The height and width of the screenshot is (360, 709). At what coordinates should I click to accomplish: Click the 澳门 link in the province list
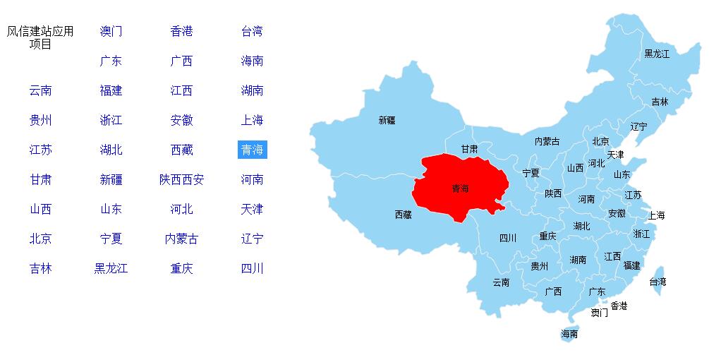pos(111,31)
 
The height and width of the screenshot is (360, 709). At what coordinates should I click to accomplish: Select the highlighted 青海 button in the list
pos(252,150)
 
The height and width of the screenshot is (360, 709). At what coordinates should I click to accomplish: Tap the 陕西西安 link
pos(181,179)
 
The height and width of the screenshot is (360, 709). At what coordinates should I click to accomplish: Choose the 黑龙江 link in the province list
pos(111,268)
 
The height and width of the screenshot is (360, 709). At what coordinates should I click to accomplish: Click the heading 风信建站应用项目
pos(40,37)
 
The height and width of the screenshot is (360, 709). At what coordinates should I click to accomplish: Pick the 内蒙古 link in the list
pos(181,239)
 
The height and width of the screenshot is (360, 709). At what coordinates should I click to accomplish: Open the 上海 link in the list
pos(252,120)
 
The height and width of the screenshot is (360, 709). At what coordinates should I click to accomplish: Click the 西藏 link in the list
pos(181,150)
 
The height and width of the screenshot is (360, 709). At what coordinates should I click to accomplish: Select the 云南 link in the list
pos(40,90)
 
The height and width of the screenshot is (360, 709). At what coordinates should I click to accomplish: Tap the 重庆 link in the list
pos(181,268)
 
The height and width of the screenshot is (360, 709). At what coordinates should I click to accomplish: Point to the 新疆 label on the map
pos(387,121)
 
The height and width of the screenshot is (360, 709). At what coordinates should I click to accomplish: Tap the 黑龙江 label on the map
pos(657,54)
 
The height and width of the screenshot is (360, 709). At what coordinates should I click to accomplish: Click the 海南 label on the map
pos(569,334)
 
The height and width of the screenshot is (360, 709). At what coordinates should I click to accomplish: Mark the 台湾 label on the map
pos(658,282)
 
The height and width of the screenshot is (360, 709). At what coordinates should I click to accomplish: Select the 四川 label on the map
pos(507,238)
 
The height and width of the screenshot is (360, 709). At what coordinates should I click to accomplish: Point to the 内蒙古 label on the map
pos(547,141)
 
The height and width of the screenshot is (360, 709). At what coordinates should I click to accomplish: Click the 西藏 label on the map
pos(403,215)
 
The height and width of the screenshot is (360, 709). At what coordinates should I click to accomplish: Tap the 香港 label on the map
pos(619,306)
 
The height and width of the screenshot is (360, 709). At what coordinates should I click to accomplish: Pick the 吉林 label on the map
pos(660,102)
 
